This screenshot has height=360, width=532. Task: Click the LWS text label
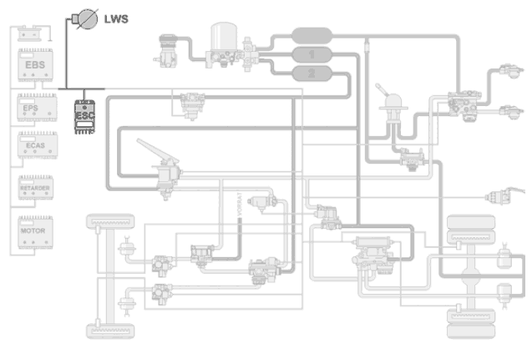click(116, 17)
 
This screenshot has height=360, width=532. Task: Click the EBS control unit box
click(35, 67)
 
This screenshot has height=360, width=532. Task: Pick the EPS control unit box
click(35, 109)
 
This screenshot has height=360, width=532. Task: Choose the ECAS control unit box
click(35, 149)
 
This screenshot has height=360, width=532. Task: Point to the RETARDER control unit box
click(35, 190)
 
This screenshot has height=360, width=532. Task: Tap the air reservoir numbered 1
click(312, 55)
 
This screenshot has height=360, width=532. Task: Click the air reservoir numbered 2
click(312, 74)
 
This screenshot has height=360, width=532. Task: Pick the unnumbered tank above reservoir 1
click(312, 36)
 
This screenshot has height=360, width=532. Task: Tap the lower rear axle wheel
click(472, 322)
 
